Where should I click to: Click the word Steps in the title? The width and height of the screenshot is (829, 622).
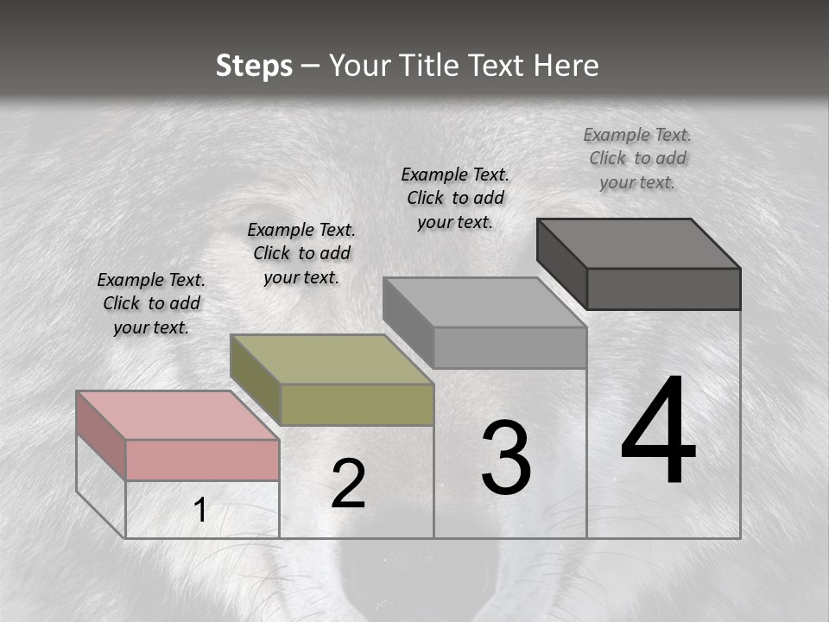254,66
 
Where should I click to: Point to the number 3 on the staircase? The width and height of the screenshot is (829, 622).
506,458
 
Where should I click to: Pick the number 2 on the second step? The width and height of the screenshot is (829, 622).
348,484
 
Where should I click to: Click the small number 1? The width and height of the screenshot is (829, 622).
200,511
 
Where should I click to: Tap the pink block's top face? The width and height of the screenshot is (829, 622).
176,415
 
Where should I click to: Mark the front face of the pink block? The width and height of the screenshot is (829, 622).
202,460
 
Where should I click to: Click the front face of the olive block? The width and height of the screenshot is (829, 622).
357,404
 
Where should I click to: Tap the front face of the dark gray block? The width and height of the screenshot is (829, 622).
663,289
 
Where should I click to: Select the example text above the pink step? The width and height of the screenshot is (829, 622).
151,303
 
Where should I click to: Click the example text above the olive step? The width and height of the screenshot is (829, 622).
301,253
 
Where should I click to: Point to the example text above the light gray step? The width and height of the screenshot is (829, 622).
455,198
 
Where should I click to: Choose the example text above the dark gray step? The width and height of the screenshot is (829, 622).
637,158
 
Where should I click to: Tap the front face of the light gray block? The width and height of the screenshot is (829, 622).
509,347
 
